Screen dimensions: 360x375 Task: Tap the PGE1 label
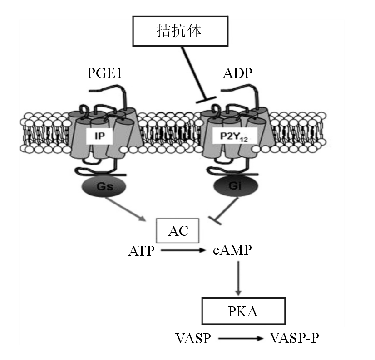point(105,73)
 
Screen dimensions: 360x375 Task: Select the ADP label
point(237,73)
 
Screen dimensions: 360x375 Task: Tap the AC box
point(178,231)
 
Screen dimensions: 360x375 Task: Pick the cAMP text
point(232,249)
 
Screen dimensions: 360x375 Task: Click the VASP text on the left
point(193,338)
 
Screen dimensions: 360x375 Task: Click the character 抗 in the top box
point(178,31)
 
